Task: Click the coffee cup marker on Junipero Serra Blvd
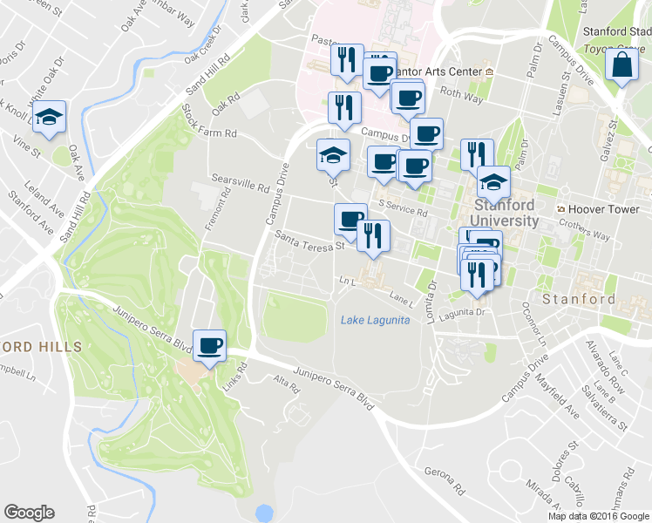[x=209, y=346]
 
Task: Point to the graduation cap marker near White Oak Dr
[x=48, y=118]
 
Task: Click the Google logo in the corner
[x=29, y=512]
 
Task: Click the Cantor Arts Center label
[x=446, y=71]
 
